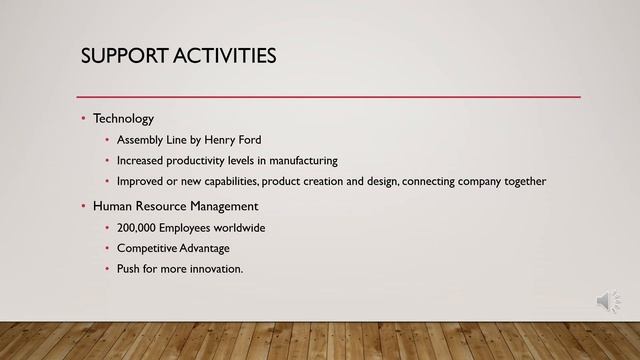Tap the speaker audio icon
click(607, 301)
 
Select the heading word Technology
click(123, 118)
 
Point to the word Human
click(113, 206)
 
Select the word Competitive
click(147, 248)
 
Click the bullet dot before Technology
click(84, 119)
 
